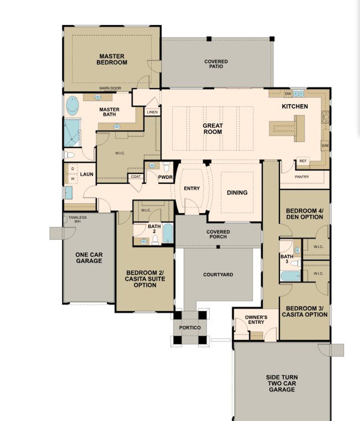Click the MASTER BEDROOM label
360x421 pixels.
pyautogui.click(x=112, y=59)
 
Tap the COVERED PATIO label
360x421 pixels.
pyautogui.click(x=216, y=64)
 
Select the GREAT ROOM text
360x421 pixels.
pyautogui.click(x=213, y=129)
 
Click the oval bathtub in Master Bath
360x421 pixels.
pyautogui.click(x=72, y=106)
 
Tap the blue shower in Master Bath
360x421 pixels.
pyautogui.click(x=72, y=133)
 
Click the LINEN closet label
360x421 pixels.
pyautogui.click(x=152, y=112)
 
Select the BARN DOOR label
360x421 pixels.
pyautogui.click(x=110, y=88)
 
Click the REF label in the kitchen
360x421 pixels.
pyautogui.click(x=303, y=161)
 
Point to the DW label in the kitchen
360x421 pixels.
pyautogui.click(x=288, y=93)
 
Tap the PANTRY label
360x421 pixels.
pyautogui.click(x=301, y=177)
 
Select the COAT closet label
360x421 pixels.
pyautogui.click(x=136, y=176)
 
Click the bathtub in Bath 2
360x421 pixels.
pyautogui.click(x=168, y=233)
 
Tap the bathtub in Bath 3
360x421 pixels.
pyautogui.click(x=290, y=276)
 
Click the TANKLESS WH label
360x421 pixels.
pyautogui.click(x=77, y=219)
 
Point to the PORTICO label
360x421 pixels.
pyautogui.click(x=190, y=328)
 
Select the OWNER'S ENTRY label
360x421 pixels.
pyautogui.click(x=256, y=320)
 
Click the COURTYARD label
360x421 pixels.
pyautogui.click(x=218, y=274)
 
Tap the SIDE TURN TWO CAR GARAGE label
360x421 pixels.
pyautogui.click(x=282, y=383)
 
